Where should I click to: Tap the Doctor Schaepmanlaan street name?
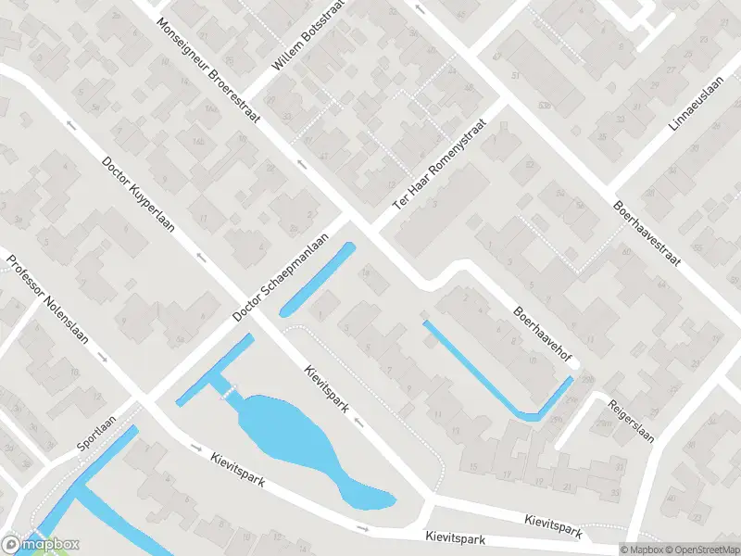tap(282, 278)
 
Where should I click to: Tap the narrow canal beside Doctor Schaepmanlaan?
tap(317, 279)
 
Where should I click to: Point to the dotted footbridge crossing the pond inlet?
tap(229, 390)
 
